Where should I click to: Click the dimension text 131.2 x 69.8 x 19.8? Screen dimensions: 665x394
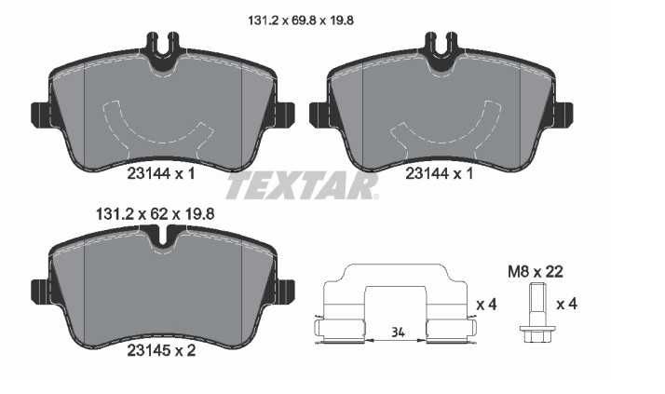[301, 20]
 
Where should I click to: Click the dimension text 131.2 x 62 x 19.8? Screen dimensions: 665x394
[156, 213]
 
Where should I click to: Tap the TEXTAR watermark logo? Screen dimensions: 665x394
[302, 185]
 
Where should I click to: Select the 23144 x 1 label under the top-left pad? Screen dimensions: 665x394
[161, 173]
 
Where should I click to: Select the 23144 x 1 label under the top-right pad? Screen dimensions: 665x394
[440, 173]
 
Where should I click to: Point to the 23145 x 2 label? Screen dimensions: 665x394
[161, 350]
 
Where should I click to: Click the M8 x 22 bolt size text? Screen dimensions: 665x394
[536, 271]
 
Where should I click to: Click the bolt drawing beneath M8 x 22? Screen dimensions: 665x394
[536, 314]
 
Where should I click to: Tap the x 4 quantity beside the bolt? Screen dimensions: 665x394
[566, 304]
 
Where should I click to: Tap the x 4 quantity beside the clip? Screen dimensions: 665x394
[486, 305]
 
